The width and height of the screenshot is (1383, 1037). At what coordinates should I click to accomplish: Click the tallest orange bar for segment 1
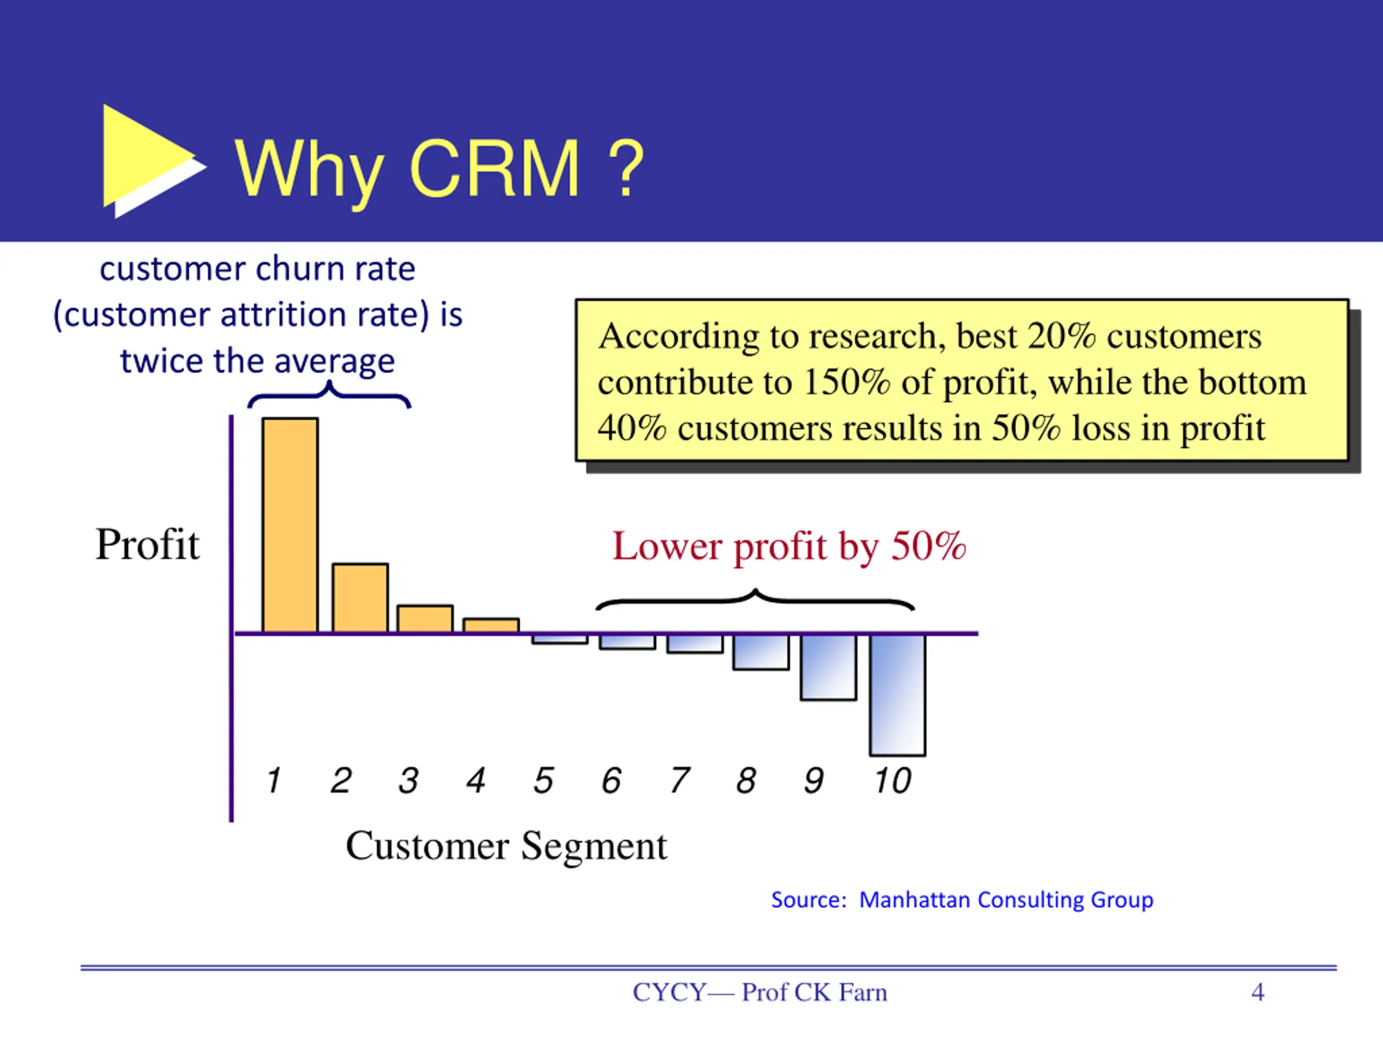290,525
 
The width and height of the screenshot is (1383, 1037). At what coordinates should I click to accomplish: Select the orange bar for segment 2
360,598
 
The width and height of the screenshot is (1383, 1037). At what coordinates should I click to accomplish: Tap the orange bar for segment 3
425,619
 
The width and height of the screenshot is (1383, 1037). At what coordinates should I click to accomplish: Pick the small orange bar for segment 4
491,625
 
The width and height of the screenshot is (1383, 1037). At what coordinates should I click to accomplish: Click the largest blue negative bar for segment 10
897,695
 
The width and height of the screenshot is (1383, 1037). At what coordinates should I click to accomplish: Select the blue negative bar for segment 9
828,667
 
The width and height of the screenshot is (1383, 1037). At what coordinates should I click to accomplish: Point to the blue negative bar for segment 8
761,652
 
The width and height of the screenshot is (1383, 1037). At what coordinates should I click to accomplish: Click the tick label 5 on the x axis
543,780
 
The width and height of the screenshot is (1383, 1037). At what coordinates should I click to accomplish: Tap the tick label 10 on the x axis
893,780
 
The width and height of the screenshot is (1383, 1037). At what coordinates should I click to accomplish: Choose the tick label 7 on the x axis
679,780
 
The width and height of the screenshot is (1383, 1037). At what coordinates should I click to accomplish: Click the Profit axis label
147,544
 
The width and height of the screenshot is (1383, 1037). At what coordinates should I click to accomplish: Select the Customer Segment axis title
506,846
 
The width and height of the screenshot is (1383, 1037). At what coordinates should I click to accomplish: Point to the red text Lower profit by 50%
789,547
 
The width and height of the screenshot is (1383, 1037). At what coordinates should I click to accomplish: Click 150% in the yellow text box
846,382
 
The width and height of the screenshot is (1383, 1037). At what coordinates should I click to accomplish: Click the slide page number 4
1257,992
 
